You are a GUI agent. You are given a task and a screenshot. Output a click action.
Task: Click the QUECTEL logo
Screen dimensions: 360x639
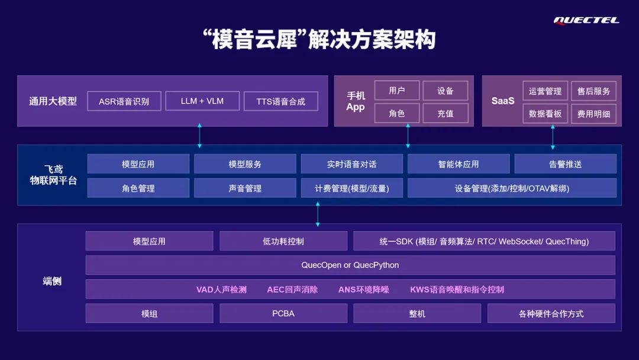click(586, 21)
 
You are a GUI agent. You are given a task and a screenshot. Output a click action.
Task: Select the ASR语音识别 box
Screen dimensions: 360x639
click(124, 101)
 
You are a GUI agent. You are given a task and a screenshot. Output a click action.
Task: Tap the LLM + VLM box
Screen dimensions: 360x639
click(202, 101)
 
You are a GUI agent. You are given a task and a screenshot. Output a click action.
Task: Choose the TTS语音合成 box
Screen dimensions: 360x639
click(280, 101)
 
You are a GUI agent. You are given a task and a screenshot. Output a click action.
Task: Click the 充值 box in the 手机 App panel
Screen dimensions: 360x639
click(445, 113)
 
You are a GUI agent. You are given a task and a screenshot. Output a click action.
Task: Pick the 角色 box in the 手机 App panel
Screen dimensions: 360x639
click(396, 113)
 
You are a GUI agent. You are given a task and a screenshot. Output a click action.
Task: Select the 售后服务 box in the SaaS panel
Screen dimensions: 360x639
click(593, 91)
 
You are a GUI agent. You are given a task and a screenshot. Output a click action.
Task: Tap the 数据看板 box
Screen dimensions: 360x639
click(545, 114)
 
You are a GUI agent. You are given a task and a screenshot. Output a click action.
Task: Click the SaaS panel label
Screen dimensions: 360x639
click(503, 101)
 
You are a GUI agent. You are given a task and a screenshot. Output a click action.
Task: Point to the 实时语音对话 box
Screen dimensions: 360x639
click(351, 164)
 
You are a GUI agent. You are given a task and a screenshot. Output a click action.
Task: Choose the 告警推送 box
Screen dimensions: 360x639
click(565, 164)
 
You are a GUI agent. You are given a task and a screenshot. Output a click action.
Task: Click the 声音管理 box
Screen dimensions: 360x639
click(245, 188)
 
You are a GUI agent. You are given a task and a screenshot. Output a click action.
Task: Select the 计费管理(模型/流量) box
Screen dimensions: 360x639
click(351, 188)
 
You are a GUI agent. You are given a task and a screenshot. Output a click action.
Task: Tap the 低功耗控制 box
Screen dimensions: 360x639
click(283, 241)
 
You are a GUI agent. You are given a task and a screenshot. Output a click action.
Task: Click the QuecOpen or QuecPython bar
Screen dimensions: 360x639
click(350, 265)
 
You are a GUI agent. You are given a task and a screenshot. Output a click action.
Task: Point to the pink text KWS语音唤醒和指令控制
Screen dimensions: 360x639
click(457, 290)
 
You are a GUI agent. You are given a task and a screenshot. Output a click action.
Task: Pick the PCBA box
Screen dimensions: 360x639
click(283, 313)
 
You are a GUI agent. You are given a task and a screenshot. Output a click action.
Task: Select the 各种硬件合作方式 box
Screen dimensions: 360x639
click(551, 313)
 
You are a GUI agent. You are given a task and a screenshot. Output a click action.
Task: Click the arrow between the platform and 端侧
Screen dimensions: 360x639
click(318, 214)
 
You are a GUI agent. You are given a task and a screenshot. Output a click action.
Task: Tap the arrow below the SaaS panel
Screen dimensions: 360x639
click(553, 136)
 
